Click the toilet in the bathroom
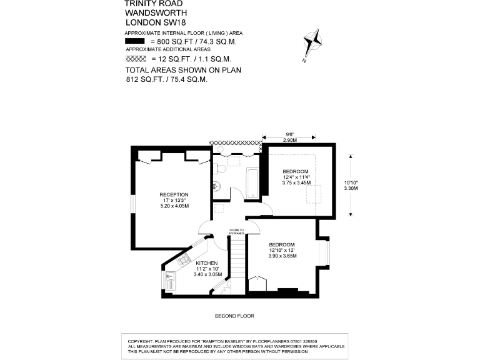pyautogui.click(x=216, y=185)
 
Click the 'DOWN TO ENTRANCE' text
pyautogui.click(x=237, y=231)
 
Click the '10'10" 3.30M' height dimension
pyautogui.click(x=355, y=187)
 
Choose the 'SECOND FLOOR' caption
pyautogui.click(x=234, y=316)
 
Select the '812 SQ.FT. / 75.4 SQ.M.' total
pyautogui.click(x=166, y=79)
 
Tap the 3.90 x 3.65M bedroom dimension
pyautogui.click(x=282, y=256)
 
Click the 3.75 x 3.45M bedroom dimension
pyautogui.click(x=296, y=182)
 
